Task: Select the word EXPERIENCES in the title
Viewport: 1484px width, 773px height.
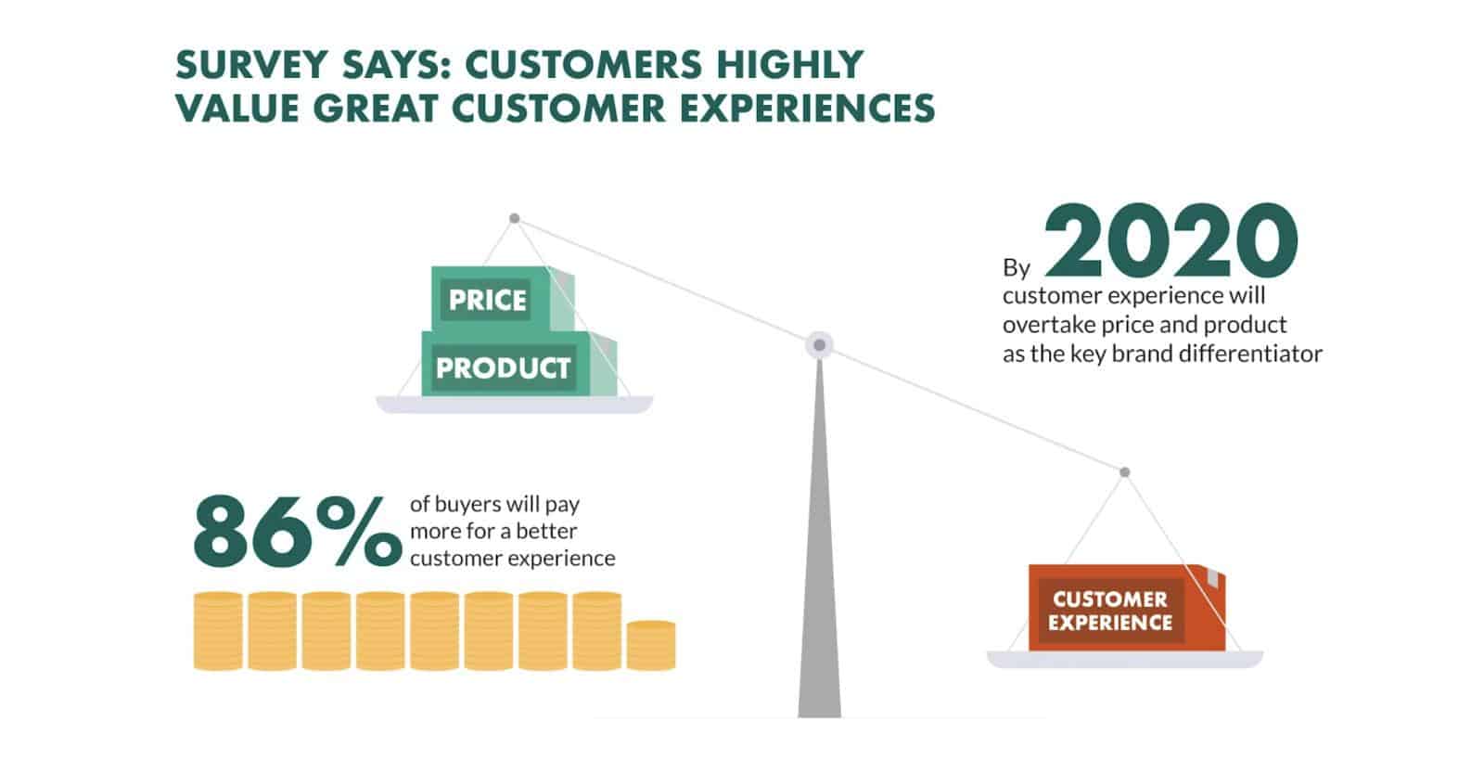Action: tap(808, 109)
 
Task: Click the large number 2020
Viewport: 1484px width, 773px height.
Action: tap(1171, 240)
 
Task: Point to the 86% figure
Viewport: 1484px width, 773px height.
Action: tap(298, 532)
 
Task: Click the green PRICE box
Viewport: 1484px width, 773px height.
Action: tap(502, 299)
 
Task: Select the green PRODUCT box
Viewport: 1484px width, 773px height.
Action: tap(518, 364)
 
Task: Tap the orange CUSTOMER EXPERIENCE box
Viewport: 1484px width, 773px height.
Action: tap(1126, 608)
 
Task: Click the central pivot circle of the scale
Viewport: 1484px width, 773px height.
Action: tap(820, 345)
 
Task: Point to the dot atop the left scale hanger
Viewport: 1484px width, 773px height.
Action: tap(514, 218)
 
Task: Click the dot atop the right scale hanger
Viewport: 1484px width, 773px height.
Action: tap(1124, 472)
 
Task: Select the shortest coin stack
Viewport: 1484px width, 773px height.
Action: tap(651, 646)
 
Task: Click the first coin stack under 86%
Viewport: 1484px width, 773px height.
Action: tap(218, 631)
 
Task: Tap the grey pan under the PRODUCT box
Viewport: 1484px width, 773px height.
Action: tap(515, 405)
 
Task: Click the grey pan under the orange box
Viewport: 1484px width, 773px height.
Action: tap(1125, 660)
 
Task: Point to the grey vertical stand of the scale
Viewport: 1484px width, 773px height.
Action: tap(820, 538)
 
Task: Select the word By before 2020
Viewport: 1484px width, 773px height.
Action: tap(1017, 268)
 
